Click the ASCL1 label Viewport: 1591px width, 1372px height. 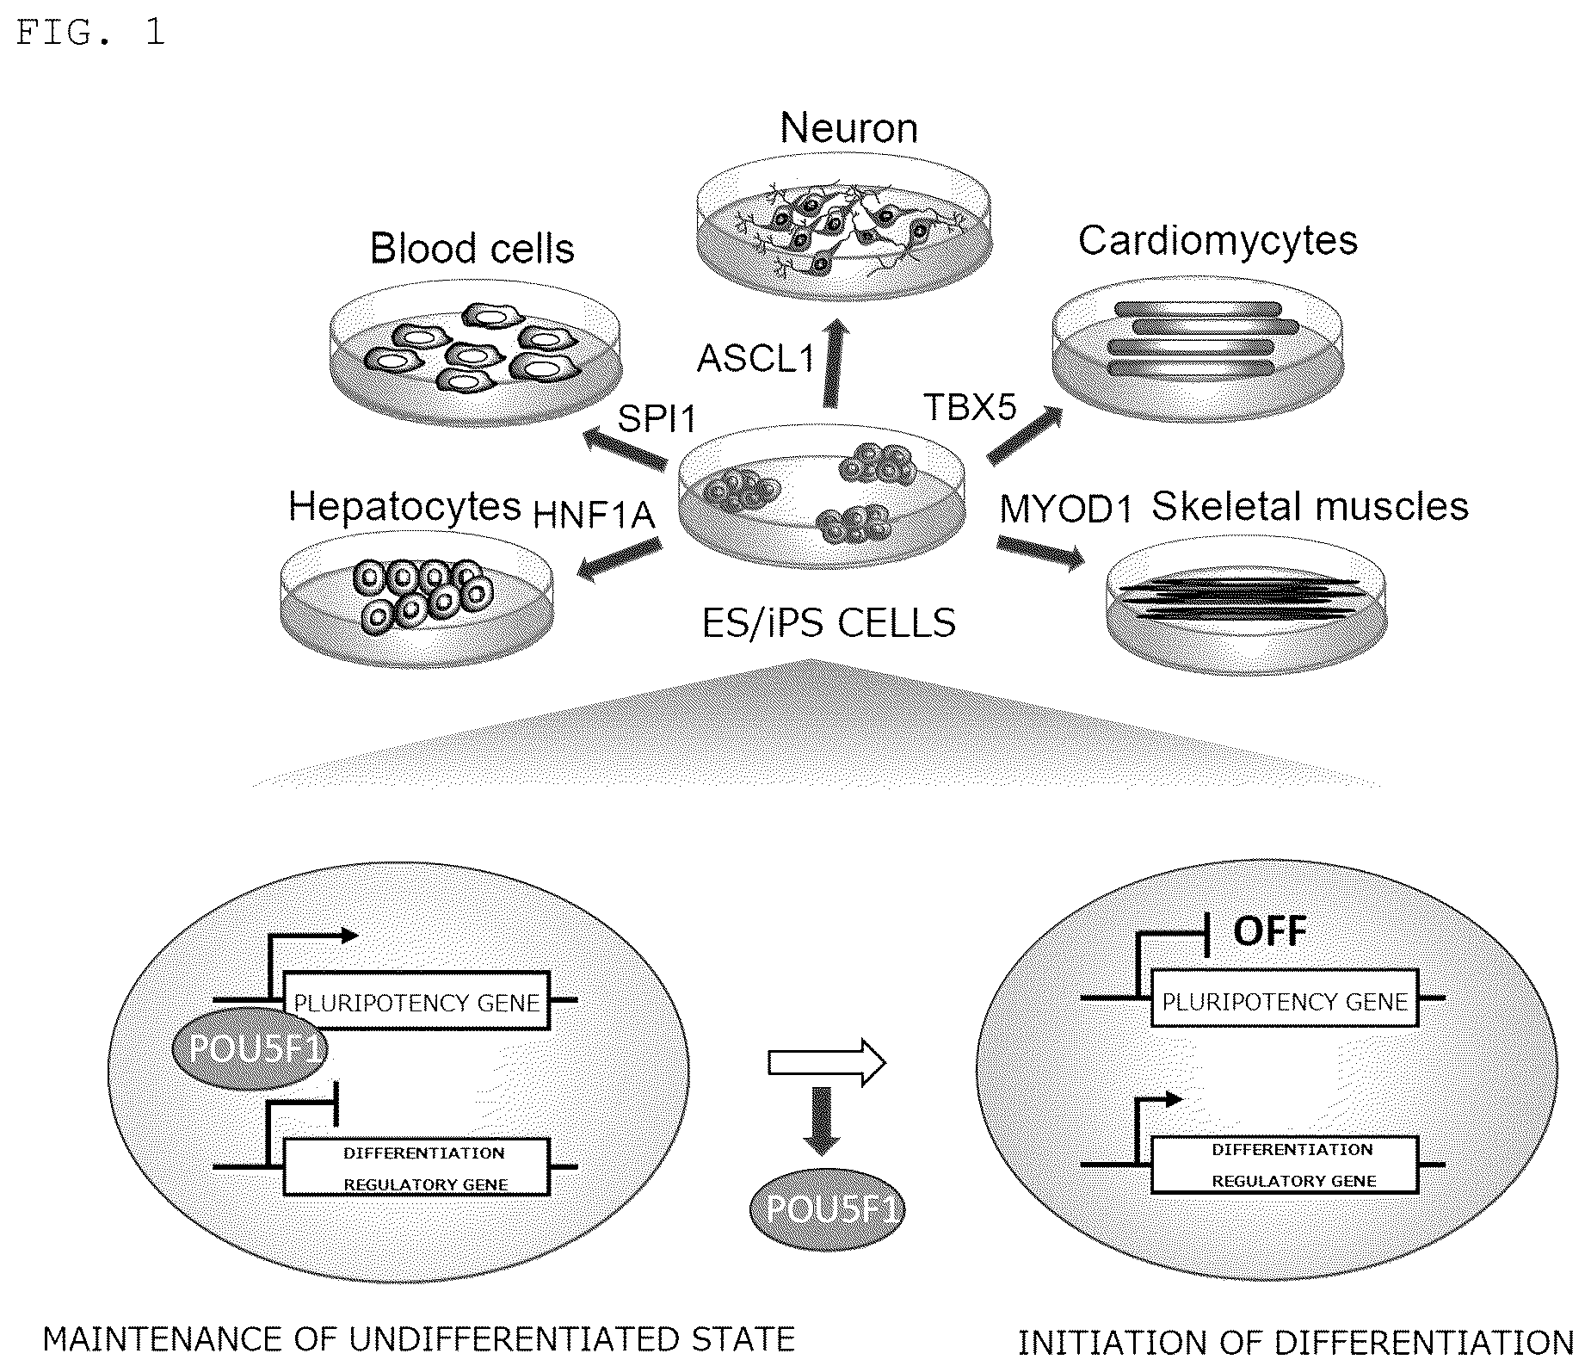pyautogui.click(x=756, y=358)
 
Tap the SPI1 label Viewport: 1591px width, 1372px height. pyautogui.click(x=657, y=419)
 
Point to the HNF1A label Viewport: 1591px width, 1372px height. pyautogui.click(x=595, y=515)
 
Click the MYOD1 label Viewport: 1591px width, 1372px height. pyautogui.click(x=1066, y=510)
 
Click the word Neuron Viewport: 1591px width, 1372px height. pyautogui.click(x=849, y=128)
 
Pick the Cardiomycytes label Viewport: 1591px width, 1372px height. pyautogui.click(x=1218, y=240)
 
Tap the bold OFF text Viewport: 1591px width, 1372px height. pyautogui.click(x=1270, y=930)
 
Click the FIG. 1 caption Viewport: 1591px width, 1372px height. pyautogui.click(x=90, y=33)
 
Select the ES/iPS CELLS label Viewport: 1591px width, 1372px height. pyautogui.click(x=829, y=622)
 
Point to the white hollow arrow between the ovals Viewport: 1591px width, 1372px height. pyautogui.click(x=826, y=1064)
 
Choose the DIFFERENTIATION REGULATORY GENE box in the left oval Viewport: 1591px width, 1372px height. pyautogui.click(x=416, y=1167)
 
